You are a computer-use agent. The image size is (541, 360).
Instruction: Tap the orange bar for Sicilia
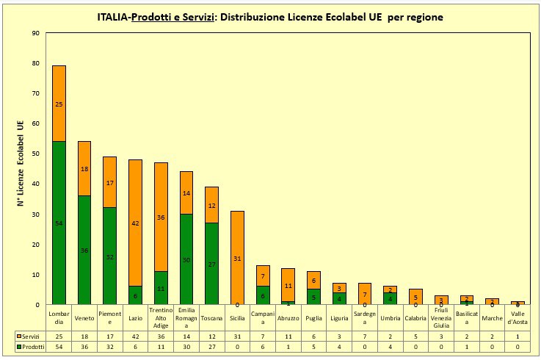pyautogui.click(x=237, y=258)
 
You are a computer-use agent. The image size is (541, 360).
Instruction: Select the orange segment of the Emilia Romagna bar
pyautogui.click(x=186, y=192)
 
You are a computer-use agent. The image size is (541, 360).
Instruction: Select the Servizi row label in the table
pyautogui.click(x=32, y=334)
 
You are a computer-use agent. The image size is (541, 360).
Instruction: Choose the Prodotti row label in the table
pyautogui.click(x=32, y=346)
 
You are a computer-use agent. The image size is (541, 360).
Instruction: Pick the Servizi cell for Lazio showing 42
pyautogui.click(x=135, y=334)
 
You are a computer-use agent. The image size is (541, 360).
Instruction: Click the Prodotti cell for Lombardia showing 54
pyautogui.click(x=59, y=346)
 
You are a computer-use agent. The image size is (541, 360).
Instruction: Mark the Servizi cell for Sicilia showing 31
pyautogui.click(x=237, y=334)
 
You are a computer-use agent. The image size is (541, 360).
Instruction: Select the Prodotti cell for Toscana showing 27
pyautogui.click(x=211, y=346)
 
